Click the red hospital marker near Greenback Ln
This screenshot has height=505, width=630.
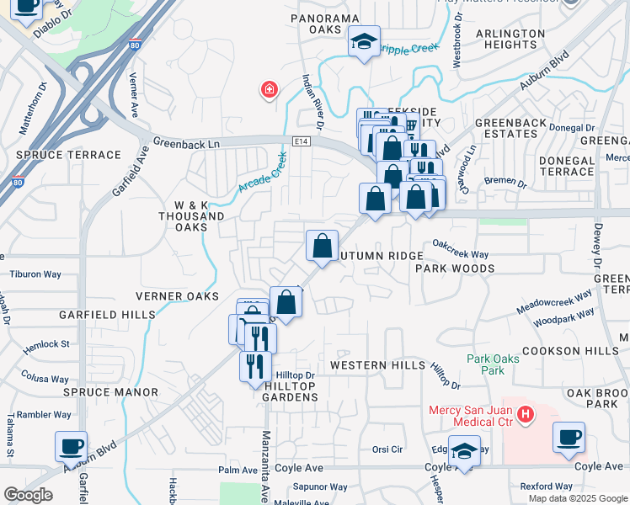point(270,89)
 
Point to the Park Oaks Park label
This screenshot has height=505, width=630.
point(493,364)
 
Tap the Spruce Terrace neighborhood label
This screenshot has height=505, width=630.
point(69,155)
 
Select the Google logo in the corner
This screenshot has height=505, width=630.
point(28,495)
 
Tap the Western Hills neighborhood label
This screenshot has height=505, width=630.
point(375,365)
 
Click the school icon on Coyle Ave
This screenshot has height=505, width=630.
point(464,450)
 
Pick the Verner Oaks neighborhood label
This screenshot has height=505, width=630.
point(178,296)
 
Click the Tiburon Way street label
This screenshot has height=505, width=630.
point(35,274)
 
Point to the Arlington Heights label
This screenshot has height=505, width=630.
point(510,40)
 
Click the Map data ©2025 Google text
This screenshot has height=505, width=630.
point(577,497)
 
